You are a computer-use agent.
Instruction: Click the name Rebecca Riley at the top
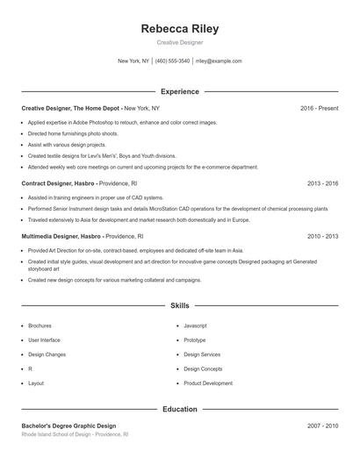180,29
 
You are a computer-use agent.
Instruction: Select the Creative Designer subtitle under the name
180,42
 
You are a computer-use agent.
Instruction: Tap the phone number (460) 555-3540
173,61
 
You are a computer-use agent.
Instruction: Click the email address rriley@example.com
219,61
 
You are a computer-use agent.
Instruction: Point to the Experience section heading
180,91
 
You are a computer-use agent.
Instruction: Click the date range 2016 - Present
319,108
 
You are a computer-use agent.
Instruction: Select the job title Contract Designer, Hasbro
61,184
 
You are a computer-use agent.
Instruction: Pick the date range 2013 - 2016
322,184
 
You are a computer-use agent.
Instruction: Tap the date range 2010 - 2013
322,237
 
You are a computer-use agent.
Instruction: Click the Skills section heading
180,306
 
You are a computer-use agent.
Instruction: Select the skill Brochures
40,325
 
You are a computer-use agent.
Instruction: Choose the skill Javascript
195,325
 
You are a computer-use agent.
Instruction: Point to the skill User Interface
44,340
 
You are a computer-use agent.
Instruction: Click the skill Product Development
208,383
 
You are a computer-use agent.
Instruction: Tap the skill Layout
36,383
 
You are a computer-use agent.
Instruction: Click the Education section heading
180,409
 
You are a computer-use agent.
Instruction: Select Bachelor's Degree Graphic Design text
68,426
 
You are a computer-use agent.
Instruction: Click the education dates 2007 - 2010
322,426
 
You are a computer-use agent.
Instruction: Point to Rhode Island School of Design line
75,434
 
